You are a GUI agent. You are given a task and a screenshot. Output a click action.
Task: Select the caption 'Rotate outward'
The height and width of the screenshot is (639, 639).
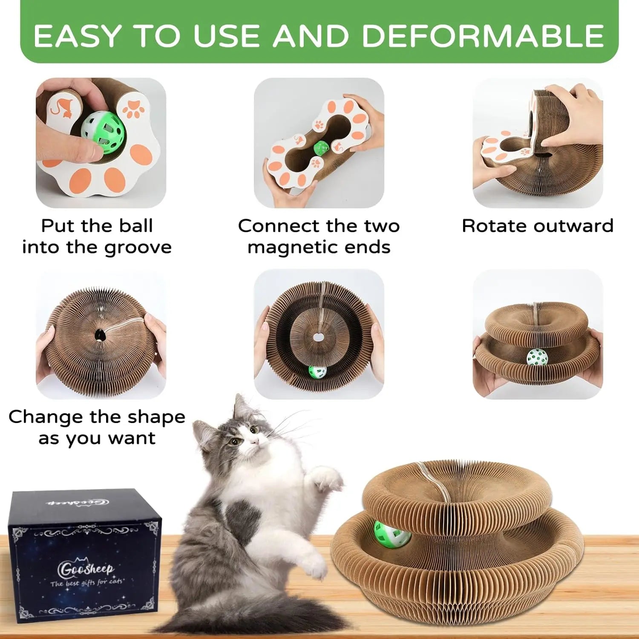pos(538,226)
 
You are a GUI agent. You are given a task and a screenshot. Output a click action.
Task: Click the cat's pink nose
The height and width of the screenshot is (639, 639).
pos(254,443)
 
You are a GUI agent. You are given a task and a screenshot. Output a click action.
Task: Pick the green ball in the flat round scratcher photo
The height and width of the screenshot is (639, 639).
pos(317,371)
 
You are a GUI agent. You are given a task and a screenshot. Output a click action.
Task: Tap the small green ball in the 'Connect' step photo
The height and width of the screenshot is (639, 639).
pos(321,148)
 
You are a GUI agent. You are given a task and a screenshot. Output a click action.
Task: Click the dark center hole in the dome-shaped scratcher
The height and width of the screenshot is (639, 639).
pos(101,335)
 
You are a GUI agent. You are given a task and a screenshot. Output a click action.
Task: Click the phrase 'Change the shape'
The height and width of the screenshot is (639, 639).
pos(97,417)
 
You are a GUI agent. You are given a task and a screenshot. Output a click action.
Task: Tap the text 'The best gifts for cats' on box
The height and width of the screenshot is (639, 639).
pos(86,582)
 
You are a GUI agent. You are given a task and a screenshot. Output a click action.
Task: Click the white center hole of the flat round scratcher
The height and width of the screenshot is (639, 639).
pos(318,337)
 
